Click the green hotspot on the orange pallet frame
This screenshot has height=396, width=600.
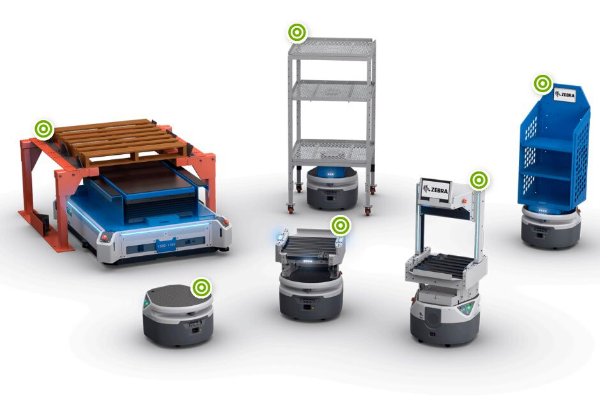click(43, 129)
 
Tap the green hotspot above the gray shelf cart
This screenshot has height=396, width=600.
click(296, 32)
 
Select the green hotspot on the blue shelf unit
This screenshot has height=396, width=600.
click(542, 83)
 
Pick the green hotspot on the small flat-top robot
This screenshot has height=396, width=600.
click(201, 288)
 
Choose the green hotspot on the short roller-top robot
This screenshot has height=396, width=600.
click(341, 225)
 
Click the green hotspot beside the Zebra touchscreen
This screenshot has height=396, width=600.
click(479, 180)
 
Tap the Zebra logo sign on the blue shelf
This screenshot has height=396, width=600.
click(564, 95)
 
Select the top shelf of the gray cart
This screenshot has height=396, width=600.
click(331, 47)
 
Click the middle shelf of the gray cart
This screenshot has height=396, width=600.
click(331, 90)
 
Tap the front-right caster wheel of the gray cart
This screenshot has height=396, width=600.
click(368, 210)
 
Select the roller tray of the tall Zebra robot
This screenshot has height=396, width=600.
click(445, 264)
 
